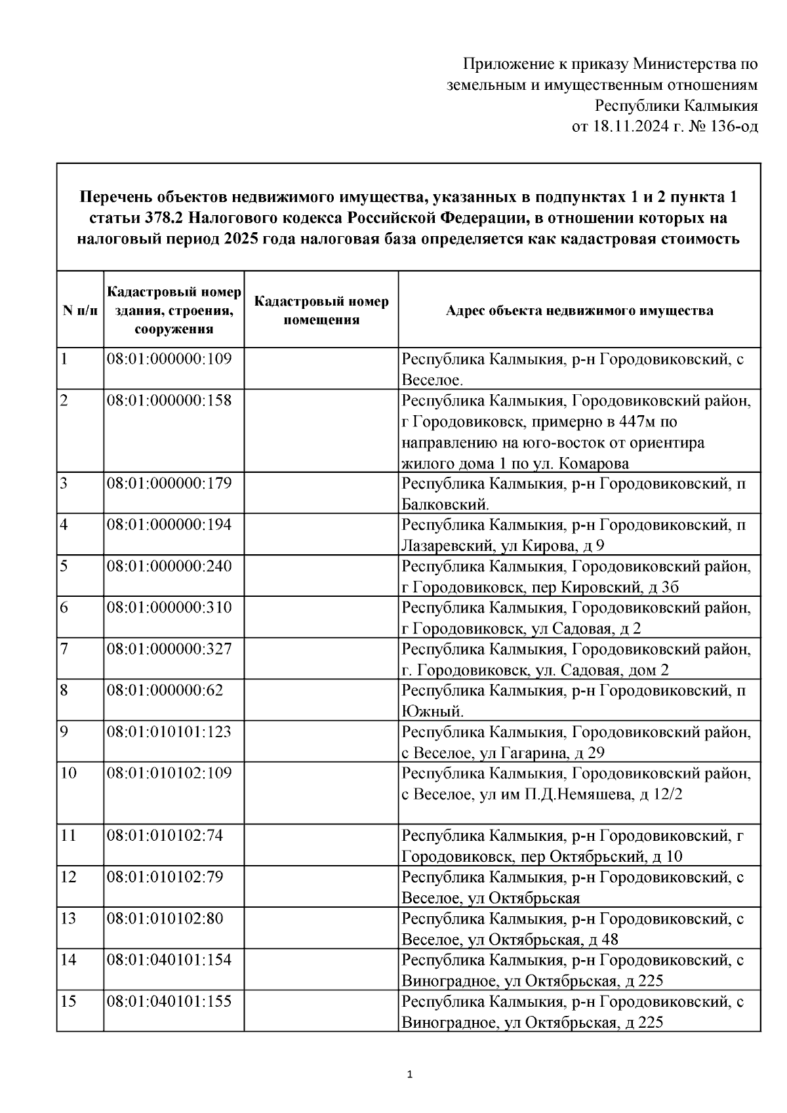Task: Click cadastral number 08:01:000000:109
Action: (x=169, y=359)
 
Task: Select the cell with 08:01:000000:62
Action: (x=165, y=690)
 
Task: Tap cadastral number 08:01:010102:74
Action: (x=165, y=836)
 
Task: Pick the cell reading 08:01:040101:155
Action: (x=169, y=1001)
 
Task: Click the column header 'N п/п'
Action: (x=80, y=310)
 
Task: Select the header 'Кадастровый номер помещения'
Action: (x=321, y=310)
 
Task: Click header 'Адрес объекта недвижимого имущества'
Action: (x=579, y=310)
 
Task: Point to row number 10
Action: (x=68, y=773)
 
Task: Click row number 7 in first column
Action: (x=64, y=649)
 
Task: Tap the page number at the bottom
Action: (x=410, y=1074)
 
